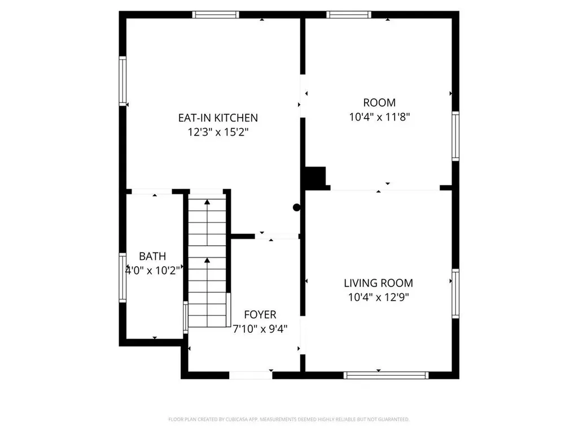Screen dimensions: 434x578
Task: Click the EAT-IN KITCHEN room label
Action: (218, 118)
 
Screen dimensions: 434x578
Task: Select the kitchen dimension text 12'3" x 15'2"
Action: (218, 132)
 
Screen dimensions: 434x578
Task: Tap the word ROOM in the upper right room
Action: (379, 103)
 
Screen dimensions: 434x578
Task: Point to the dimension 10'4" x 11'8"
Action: (379, 118)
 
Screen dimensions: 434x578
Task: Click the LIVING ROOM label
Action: (378, 283)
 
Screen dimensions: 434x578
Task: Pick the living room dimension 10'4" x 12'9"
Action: (378, 297)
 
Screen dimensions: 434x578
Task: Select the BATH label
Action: (152, 257)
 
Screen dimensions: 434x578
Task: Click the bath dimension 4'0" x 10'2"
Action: (152, 270)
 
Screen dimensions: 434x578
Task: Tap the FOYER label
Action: (260, 315)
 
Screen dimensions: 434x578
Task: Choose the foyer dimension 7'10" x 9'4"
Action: (260, 329)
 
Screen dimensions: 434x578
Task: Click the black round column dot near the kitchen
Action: (297, 207)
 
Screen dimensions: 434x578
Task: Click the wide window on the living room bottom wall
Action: (386, 375)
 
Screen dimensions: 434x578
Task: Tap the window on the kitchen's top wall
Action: (216, 15)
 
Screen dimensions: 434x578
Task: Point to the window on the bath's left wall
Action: (122, 277)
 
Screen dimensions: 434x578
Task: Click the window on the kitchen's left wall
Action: (122, 80)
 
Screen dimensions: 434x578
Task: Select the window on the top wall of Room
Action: (349, 15)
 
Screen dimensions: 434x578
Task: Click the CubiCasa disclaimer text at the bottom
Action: (288, 419)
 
